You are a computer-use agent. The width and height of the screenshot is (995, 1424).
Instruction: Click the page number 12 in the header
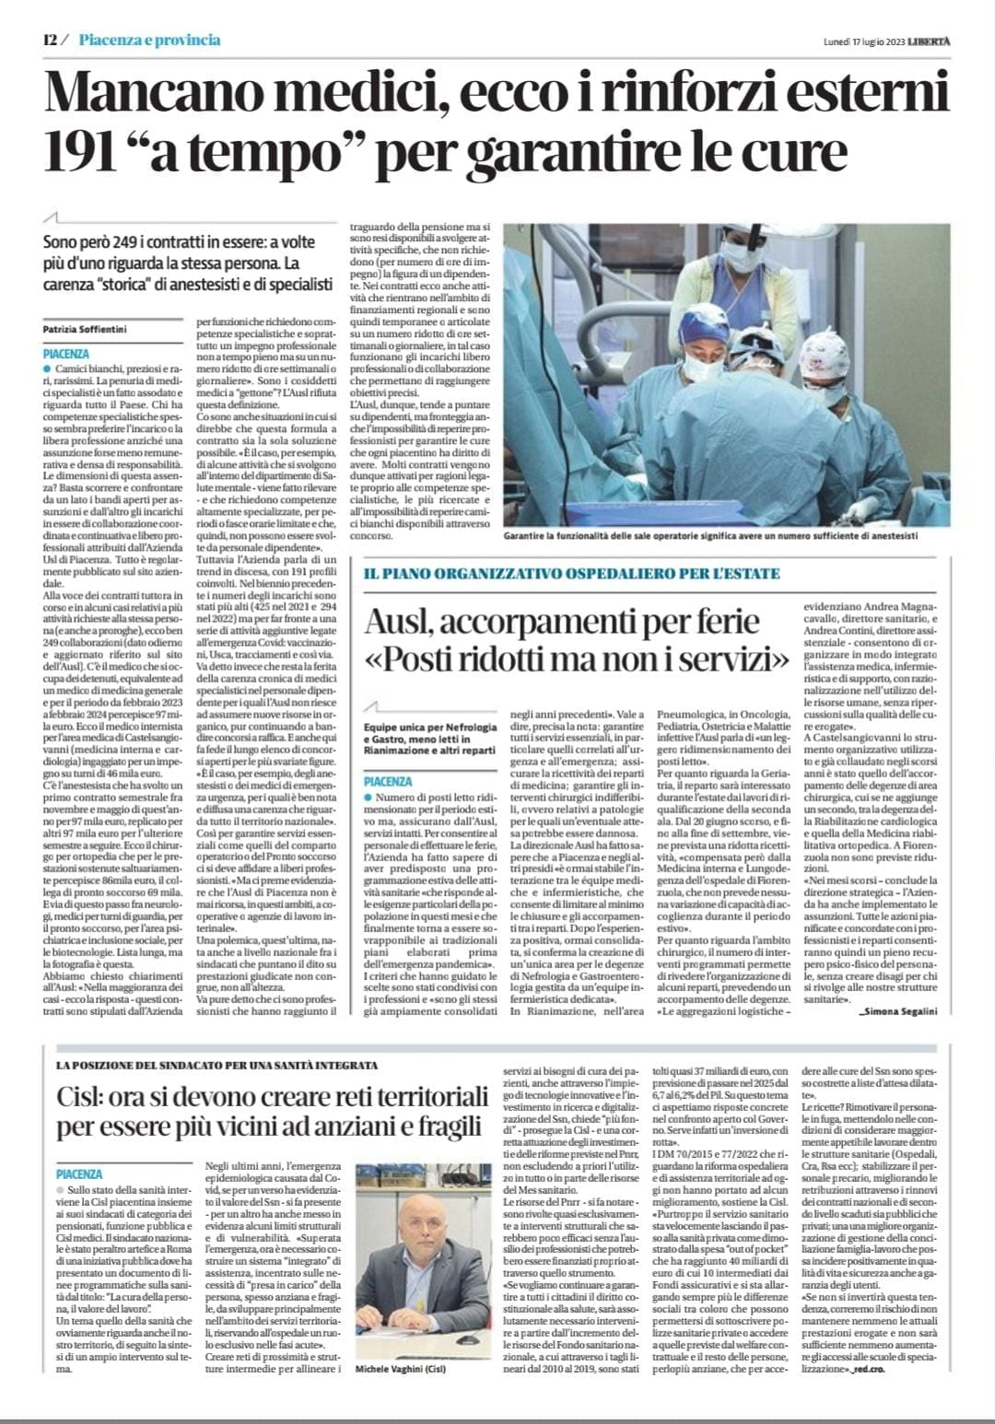50,41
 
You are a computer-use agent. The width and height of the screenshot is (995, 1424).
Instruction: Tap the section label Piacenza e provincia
149,41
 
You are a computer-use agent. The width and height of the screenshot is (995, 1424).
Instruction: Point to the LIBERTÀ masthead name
931,41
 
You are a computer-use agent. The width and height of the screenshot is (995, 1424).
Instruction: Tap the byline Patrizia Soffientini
87,329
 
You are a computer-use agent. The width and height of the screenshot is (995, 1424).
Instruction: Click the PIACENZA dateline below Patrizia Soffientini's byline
66,354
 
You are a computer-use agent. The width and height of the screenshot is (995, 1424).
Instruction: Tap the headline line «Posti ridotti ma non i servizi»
577,659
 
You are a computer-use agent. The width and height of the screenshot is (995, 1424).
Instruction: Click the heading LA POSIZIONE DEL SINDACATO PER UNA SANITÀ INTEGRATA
217,1066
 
